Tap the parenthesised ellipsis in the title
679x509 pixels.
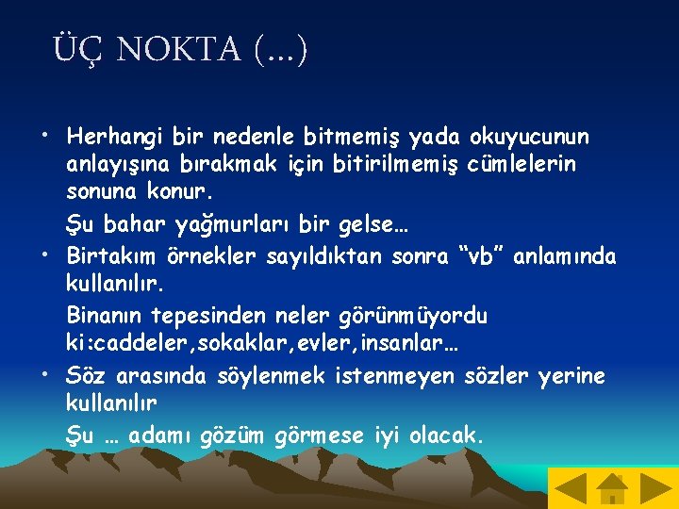(x=281, y=49)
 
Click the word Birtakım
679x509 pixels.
(x=108, y=255)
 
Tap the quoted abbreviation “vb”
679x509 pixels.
(x=479, y=255)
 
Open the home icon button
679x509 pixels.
(x=613, y=488)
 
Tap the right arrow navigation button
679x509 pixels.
(x=655, y=488)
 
